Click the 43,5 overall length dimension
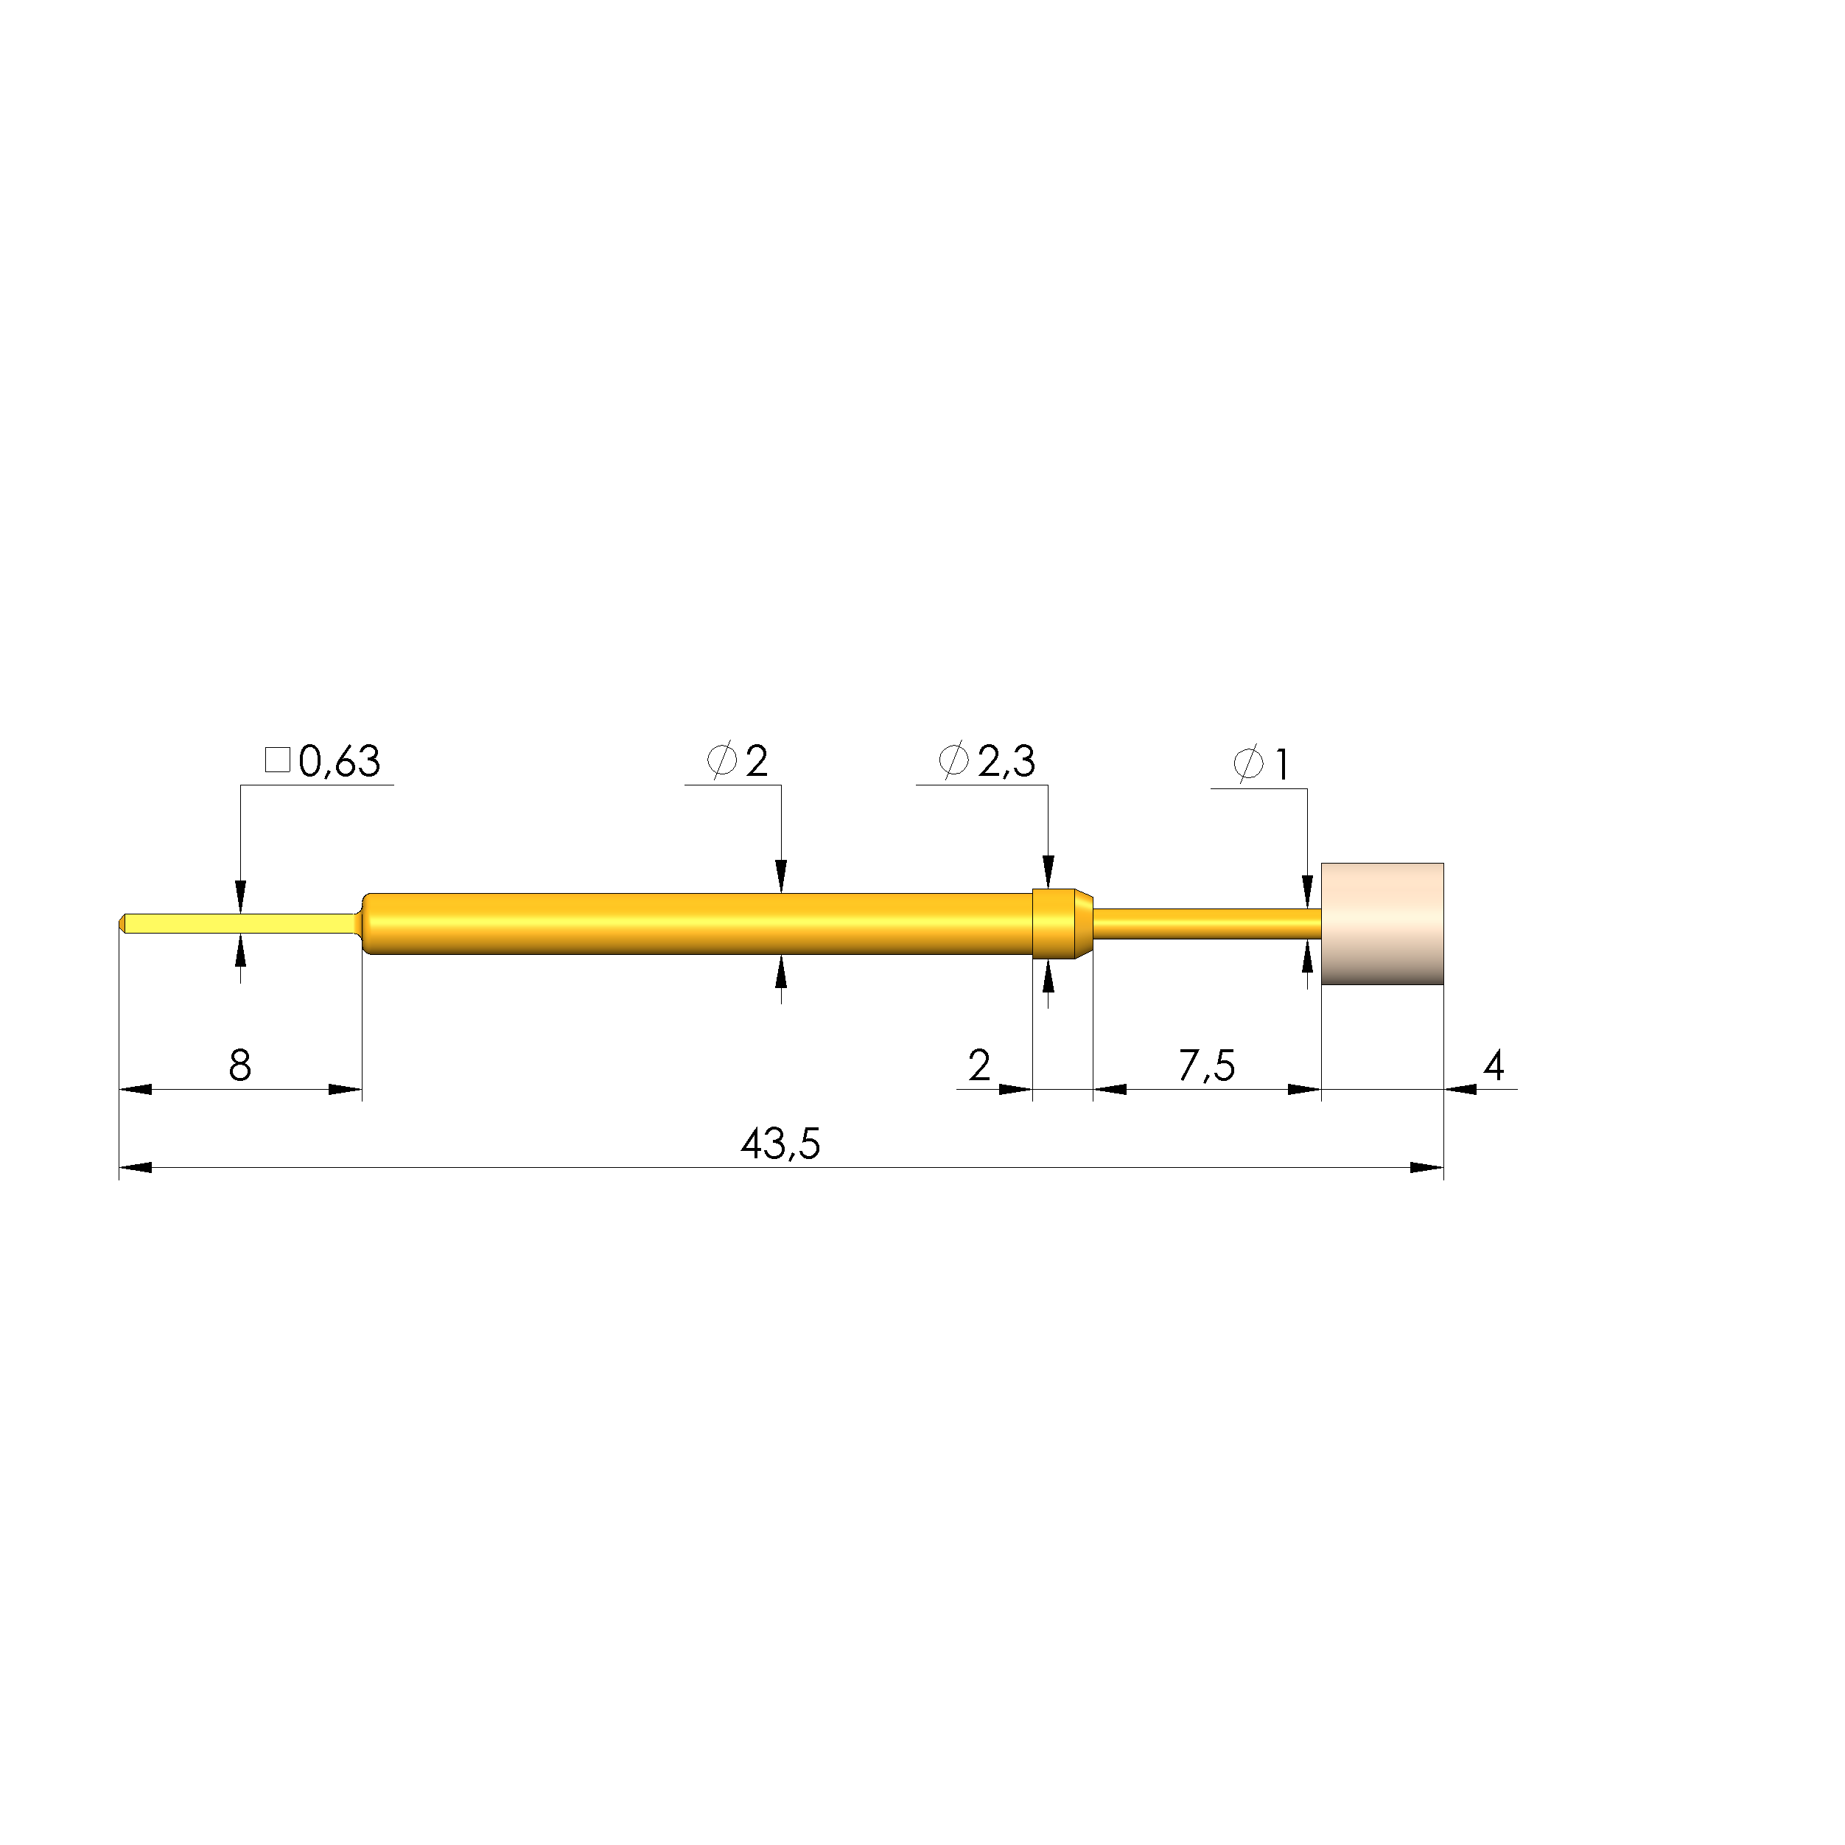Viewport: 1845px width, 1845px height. (780, 1143)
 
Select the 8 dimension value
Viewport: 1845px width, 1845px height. (239, 1065)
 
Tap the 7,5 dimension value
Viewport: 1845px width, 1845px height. (1206, 1065)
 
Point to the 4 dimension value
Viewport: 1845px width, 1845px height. (1494, 1065)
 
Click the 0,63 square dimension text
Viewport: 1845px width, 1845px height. (339, 762)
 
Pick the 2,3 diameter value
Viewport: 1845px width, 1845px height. (1006, 761)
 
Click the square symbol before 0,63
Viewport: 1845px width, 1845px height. (277, 760)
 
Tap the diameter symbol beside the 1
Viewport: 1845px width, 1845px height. (1248, 764)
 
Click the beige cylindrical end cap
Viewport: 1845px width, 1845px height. (1382, 923)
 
